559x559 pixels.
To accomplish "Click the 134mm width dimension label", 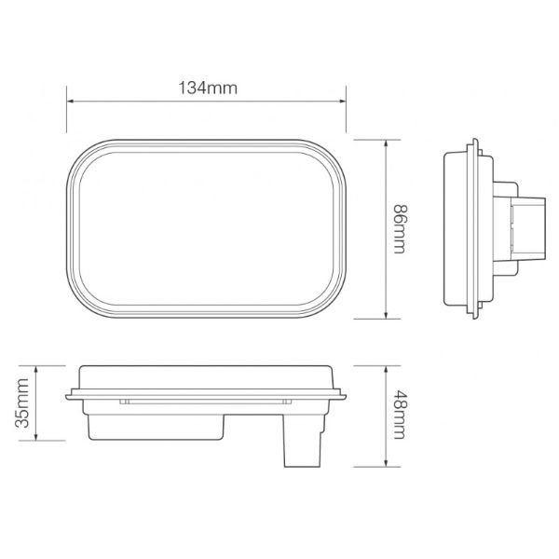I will coord(206,89).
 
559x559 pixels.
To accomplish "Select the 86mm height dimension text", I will coord(400,229).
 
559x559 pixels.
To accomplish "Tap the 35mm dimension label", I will coord(25,403).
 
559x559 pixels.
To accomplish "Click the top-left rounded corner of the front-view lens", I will coord(84,157).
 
